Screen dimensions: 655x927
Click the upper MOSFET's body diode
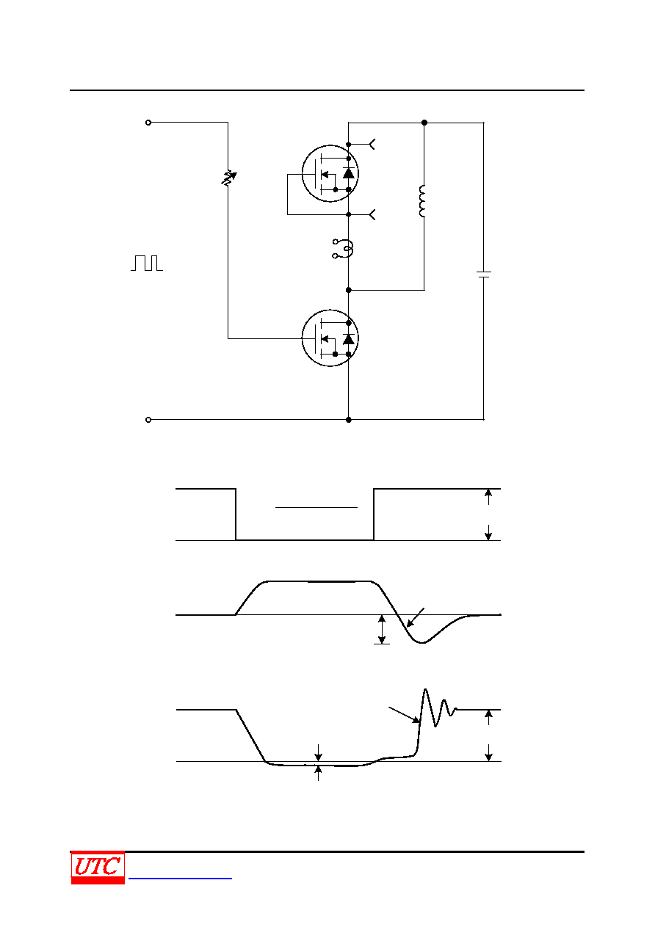click(349, 173)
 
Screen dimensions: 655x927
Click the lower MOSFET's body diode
click(349, 339)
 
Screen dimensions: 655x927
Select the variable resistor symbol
click(228, 178)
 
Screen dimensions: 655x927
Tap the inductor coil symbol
click(422, 201)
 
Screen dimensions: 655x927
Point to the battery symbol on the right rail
click(484, 275)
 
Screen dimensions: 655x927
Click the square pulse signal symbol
click(147, 263)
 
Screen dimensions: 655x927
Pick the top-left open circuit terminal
click(148, 123)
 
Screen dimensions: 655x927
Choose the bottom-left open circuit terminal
click(148, 420)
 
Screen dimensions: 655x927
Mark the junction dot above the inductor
click(424, 123)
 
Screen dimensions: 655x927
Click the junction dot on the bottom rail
click(349, 420)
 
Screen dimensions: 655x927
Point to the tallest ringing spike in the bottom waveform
click(425, 690)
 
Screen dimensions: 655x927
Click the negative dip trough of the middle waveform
click(422, 642)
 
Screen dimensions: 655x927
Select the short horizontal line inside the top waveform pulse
click(316, 507)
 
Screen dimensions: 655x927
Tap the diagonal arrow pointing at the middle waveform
click(416, 617)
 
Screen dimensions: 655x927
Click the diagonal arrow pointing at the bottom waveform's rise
click(404, 715)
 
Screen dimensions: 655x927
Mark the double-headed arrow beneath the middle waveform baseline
click(382, 630)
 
